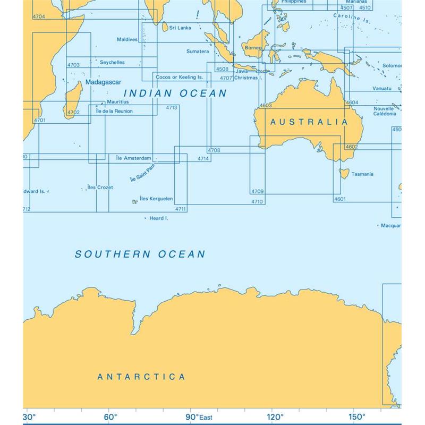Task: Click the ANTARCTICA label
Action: (141, 377)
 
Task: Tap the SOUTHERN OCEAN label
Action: (140, 254)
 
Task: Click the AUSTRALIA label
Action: (309, 122)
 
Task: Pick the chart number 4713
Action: (171, 108)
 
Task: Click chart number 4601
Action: (340, 199)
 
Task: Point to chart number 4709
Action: (257, 191)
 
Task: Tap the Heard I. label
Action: (159, 218)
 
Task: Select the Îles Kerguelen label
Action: (156, 199)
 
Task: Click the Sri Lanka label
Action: (180, 28)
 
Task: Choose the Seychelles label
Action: (112, 62)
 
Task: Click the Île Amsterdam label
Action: (133, 158)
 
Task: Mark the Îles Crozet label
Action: (100, 188)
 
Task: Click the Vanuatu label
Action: (382, 88)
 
